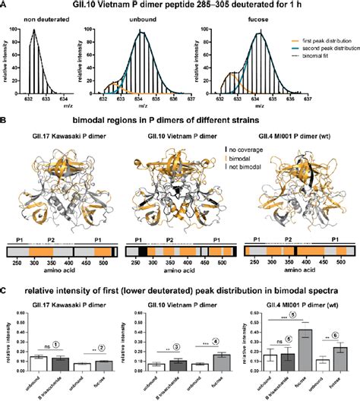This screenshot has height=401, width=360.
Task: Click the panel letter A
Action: click(x=4, y=5)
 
